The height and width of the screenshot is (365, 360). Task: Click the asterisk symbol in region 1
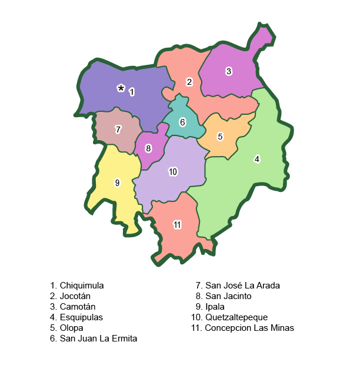pyautogui.click(x=121, y=88)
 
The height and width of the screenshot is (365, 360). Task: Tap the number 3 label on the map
pyautogui.click(x=229, y=71)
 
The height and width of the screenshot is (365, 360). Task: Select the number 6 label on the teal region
pyautogui.click(x=182, y=122)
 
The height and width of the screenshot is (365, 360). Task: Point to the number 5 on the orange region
pyautogui.click(x=220, y=137)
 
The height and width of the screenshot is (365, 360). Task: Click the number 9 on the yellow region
pyautogui.click(x=117, y=183)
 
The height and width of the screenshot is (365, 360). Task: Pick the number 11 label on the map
pyautogui.click(x=177, y=225)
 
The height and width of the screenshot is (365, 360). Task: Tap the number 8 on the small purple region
pyautogui.click(x=148, y=148)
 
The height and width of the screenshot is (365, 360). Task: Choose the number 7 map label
pyautogui.click(x=118, y=129)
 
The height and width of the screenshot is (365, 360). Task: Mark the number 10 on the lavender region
pyautogui.click(x=173, y=172)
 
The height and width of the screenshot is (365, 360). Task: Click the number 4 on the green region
pyautogui.click(x=256, y=159)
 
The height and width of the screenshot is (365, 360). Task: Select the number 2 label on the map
pyautogui.click(x=189, y=82)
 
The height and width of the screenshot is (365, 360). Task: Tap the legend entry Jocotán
pyautogui.click(x=75, y=296)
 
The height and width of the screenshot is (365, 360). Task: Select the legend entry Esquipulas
pyautogui.click(x=81, y=317)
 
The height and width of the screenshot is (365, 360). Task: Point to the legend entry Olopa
pyautogui.click(x=71, y=328)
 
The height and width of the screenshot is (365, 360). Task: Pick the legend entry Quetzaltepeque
pyautogui.click(x=236, y=317)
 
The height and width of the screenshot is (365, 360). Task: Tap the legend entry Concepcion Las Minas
pyautogui.click(x=249, y=328)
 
